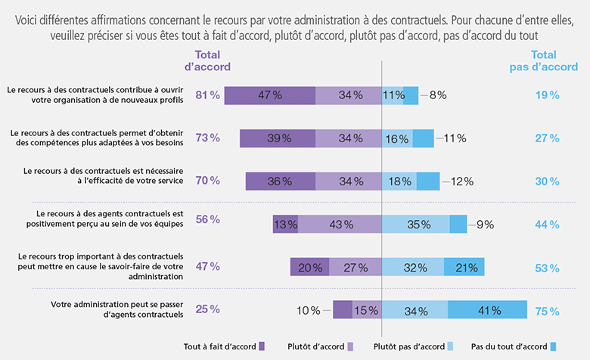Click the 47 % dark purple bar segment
click(x=270, y=95)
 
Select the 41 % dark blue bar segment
click(x=487, y=310)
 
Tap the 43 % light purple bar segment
click(x=340, y=224)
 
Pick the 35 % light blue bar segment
click(x=415, y=224)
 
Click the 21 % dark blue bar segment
click(x=464, y=267)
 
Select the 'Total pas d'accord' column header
click(x=543, y=61)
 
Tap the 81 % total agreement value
click(x=207, y=95)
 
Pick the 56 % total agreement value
click(x=207, y=219)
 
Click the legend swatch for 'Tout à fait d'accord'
click(x=262, y=346)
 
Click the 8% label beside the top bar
click(x=438, y=95)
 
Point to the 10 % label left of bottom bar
click(x=308, y=310)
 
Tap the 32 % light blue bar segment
click(x=413, y=267)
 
